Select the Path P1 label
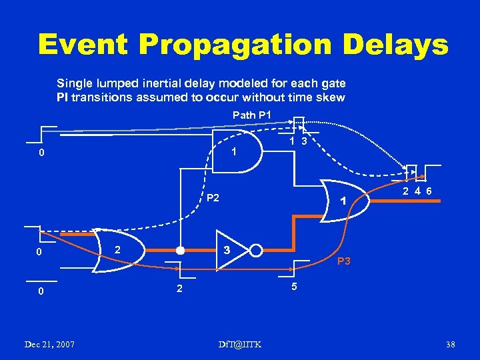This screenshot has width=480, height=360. click(x=252, y=115)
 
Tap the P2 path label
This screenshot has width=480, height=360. click(x=213, y=197)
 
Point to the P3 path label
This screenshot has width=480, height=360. click(x=345, y=261)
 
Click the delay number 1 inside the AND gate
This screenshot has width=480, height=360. click(x=234, y=153)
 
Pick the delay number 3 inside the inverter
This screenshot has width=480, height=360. click(x=227, y=251)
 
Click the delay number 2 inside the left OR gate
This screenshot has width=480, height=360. click(x=117, y=249)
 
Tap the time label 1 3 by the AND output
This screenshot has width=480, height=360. click(x=298, y=141)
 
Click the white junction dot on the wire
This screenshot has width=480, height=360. click(x=179, y=252)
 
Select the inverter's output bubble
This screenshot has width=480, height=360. click(x=255, y=251)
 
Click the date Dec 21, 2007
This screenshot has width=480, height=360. click(x=49, y=344)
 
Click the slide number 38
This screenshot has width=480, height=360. click(x=450, y=344)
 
